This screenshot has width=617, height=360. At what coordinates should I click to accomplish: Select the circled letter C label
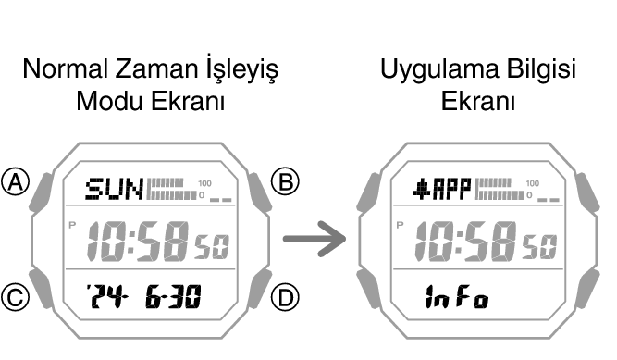[15, 296]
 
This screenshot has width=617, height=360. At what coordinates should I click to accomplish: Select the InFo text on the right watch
[455, 297]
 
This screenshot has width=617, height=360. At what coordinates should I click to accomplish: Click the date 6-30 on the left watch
[176, 296]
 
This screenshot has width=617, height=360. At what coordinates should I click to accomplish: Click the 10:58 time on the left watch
[139, 242]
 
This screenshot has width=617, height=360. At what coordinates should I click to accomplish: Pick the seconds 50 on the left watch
[212, 246]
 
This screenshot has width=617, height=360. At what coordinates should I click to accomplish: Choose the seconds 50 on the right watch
[542, 246]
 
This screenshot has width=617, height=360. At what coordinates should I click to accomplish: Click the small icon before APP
[421, 191]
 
